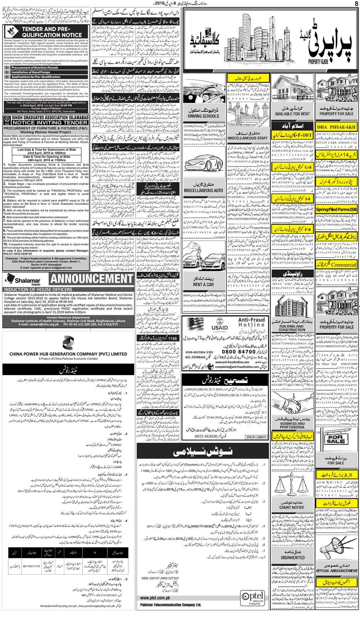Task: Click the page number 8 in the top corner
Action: pyautogui.click(x=356, y=4)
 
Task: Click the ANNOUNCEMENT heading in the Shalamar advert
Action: pyautogui.click(x=92, y=279)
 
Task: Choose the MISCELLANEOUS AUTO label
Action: pyautogui.click(x=203, y=190)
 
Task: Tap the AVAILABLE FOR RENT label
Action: pyautogui.click(x=292, y=114)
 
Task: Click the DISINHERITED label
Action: pyautogui.click(x=293, y=557)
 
